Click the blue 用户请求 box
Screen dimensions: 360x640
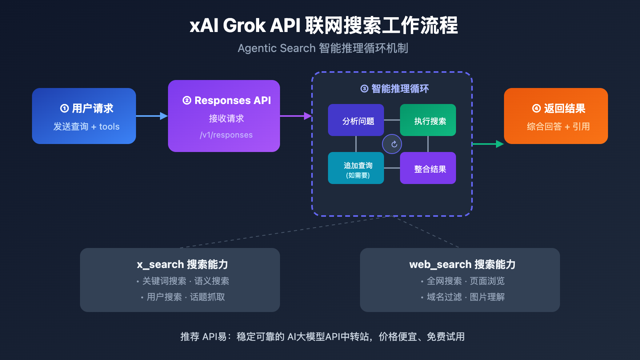click(84, 116)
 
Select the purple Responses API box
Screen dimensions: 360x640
click(224, 116)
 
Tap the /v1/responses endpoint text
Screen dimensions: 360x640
click(226, 135)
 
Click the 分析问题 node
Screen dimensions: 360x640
click(356, 120)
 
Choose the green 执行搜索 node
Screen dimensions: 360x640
click(428, 120)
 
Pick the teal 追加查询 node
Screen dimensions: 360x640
click(356, 168)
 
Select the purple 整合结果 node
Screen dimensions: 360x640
click(428, 168)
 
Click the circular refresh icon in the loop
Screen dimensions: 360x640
click(392, 144)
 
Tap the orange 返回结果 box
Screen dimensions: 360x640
click(556, 116)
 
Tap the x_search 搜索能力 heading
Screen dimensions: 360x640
click(182, 264)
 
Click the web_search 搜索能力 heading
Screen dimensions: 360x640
click(462, 264)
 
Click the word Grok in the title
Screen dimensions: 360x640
click(244, 26)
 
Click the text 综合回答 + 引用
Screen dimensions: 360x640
click(558, 127)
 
